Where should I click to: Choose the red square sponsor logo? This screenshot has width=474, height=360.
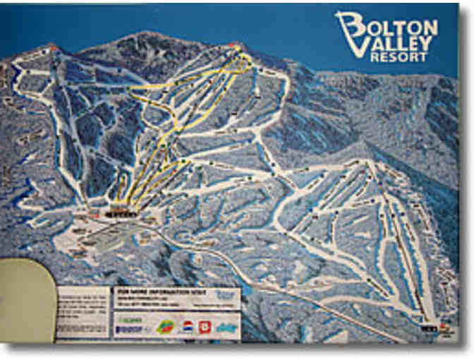205,326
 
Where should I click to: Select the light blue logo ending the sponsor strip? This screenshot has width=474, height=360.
226,326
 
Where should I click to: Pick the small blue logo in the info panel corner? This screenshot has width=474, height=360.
225,294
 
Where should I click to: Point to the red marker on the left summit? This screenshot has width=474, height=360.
53,48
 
